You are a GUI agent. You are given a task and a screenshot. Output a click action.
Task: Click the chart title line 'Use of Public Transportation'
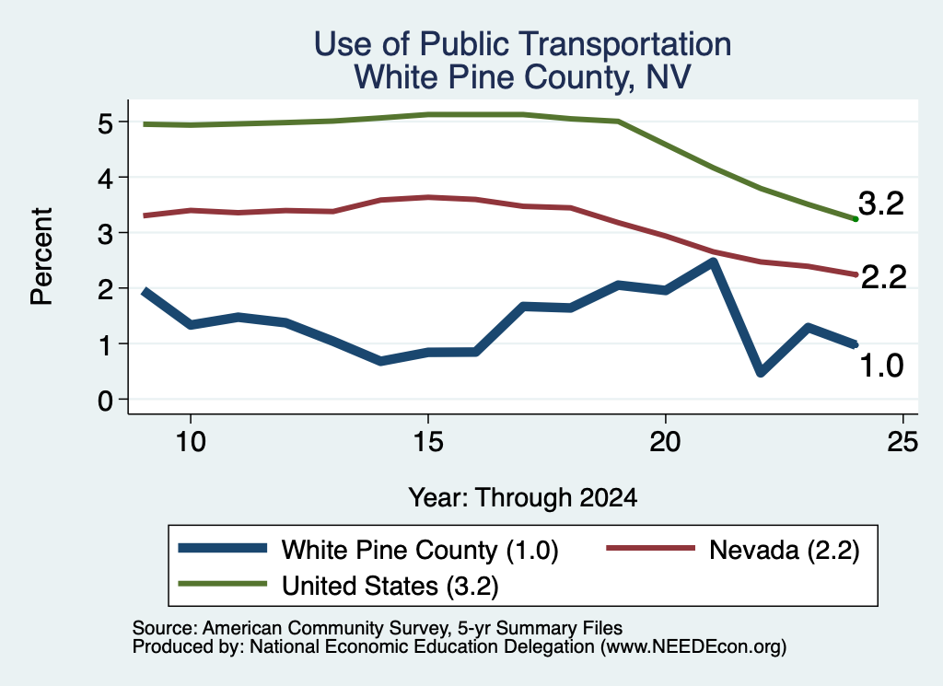[x=522, y=44]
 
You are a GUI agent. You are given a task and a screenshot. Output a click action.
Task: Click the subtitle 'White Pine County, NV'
[x=522, y=77]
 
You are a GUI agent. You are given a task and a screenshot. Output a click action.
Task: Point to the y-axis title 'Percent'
[x=42, y=256]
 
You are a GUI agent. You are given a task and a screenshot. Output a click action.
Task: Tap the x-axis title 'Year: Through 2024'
[x=523, y=498]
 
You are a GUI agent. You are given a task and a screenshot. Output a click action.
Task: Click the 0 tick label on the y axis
[x=105, y=400]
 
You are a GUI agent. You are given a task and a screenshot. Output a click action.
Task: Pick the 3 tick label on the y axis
[x=105, y=233]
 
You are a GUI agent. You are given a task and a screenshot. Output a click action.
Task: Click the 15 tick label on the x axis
[x=428, y=443]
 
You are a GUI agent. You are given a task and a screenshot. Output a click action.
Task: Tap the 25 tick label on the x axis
[x=902, y=443]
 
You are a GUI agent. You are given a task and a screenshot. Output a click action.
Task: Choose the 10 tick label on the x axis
[x=191, y=443]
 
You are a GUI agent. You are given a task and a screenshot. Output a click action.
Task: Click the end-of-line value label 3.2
[x=881, y=203]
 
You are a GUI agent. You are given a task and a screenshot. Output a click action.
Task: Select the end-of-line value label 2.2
[x=883, y=277]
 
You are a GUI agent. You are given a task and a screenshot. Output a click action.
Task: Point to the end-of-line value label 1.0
[x=881, y=366]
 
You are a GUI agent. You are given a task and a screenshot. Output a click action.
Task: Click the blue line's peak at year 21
[x=714, y=262]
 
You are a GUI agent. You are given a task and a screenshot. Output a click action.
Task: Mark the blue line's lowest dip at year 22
[x=761, y=373]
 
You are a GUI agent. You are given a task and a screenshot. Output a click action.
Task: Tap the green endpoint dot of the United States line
[x=856, y=219]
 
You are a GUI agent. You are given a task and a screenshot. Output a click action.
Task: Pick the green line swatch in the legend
[x=223, y=584]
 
